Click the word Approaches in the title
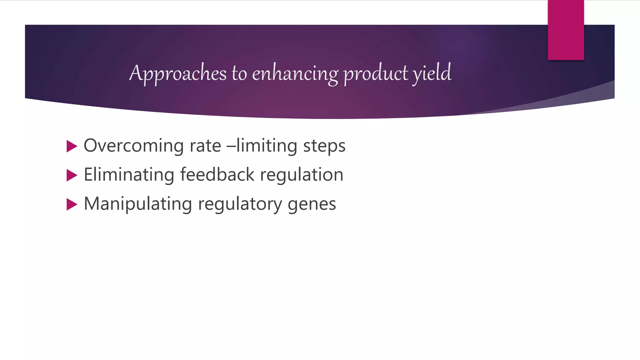pos(178,73)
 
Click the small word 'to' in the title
pos(239,74)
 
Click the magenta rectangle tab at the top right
pos(566,30)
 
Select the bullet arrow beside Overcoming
pos(72,146)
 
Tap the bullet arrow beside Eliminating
pos(72,175)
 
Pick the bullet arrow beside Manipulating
pos(72,204)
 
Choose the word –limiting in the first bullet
pos(262,146)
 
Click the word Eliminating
pos(129,175)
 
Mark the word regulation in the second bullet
pos(302,175)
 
